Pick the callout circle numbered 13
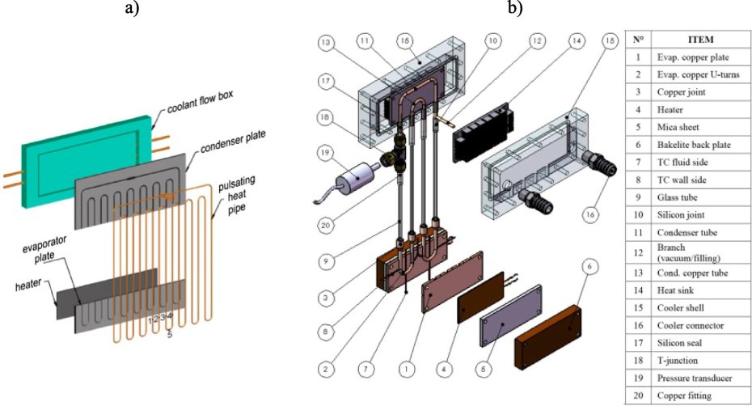click(x=324, y=41)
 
